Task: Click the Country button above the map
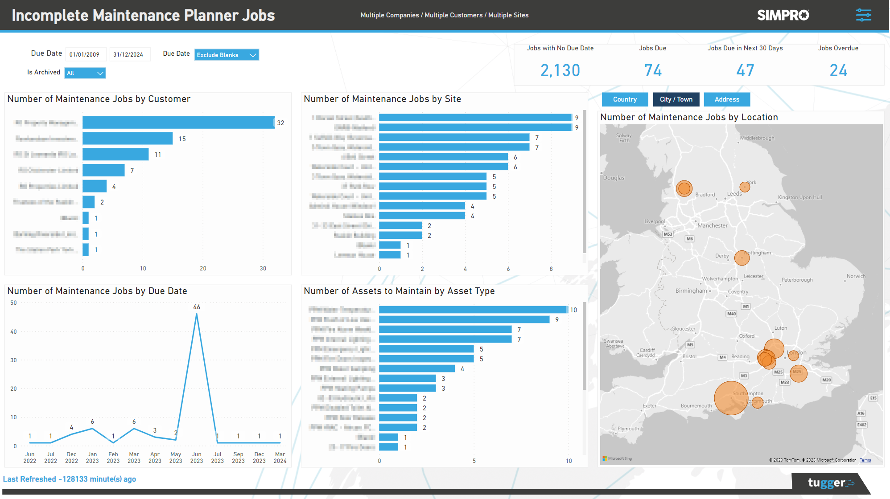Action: pyautogui.click(x=625, y=99)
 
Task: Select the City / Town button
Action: pyautogui.click(x=676, y=99)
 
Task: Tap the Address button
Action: pyautogui.click(x=727, y=99)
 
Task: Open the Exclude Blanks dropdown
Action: pyautogui.click(x=227, y=55)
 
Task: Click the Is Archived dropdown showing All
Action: pyautogui.click(x=85, y=73)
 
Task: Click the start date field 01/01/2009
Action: pyautogui.click(x=85, y=54)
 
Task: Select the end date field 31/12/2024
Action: pyautogui.click(x=128, y=54)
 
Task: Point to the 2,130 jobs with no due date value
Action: pyautogui.click(x=560, y=70)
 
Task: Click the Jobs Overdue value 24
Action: pyautogui.click(x=838, y=70)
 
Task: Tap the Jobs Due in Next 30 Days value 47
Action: pyautogui.click(x=745, y=70)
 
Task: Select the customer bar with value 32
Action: pyautogui.click(x=178, y=123)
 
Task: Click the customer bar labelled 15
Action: pyautogui.click(x=128, y=139)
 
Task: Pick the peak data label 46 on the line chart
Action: pyautogui.click(x=197, y=307)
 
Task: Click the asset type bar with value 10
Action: pyautogui.click(x=473, y=310)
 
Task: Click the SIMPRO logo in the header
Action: pyautogui.click(x=783, y=15)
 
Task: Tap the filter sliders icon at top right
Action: pyautogui.click(x=863, y=15)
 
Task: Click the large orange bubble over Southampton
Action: pyautogui.click(x=731, y=398)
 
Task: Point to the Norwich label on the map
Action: pyautogui.click(x=856, y=276)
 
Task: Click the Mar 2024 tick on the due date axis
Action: pyautogui.click(x=280, y=458)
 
